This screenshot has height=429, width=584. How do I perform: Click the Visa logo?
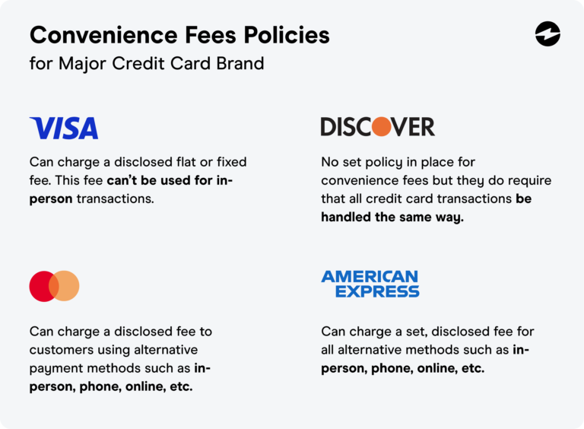(x=64, y=128)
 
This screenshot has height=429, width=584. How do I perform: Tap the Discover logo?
(x=377, y=127)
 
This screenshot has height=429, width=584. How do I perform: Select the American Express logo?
(x=370, y=284)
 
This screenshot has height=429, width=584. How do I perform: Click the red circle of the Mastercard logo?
(x=41, y=286)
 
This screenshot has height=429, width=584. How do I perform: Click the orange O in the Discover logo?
(x=381, y=127)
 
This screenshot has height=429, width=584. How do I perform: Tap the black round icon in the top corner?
(x=547, y=34)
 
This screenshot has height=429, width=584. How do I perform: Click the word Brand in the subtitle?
(x=240, y=64)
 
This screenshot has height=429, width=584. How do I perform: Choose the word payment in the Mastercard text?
(x=55, y=368)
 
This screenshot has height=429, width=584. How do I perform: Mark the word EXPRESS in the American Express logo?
(x=377, y=291)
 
